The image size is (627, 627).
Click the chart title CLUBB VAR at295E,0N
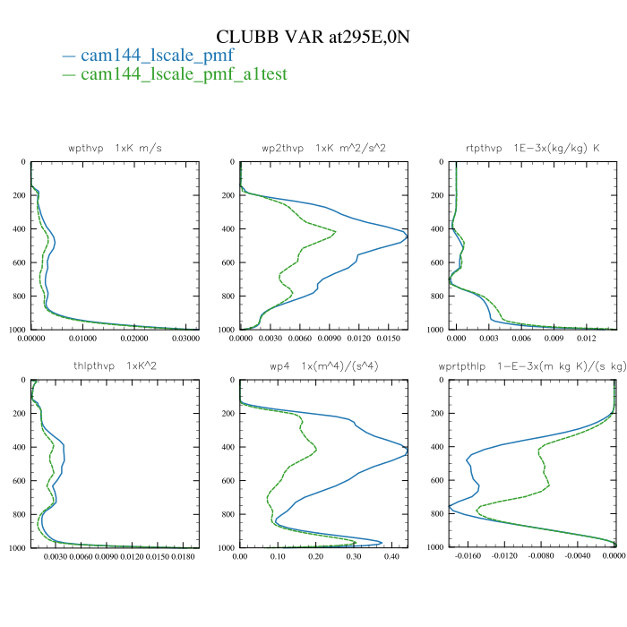pyautogui.click(x=313, y=37)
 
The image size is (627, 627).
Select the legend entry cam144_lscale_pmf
pyautogui.click(x=157, y=56)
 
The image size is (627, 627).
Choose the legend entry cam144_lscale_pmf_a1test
pyautogui.click(x=184, y=74)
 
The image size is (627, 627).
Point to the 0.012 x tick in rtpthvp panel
pyautogui.click(x=586, y=339)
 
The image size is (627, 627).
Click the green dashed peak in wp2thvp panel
pyautogui.click(x=335, y=232)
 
